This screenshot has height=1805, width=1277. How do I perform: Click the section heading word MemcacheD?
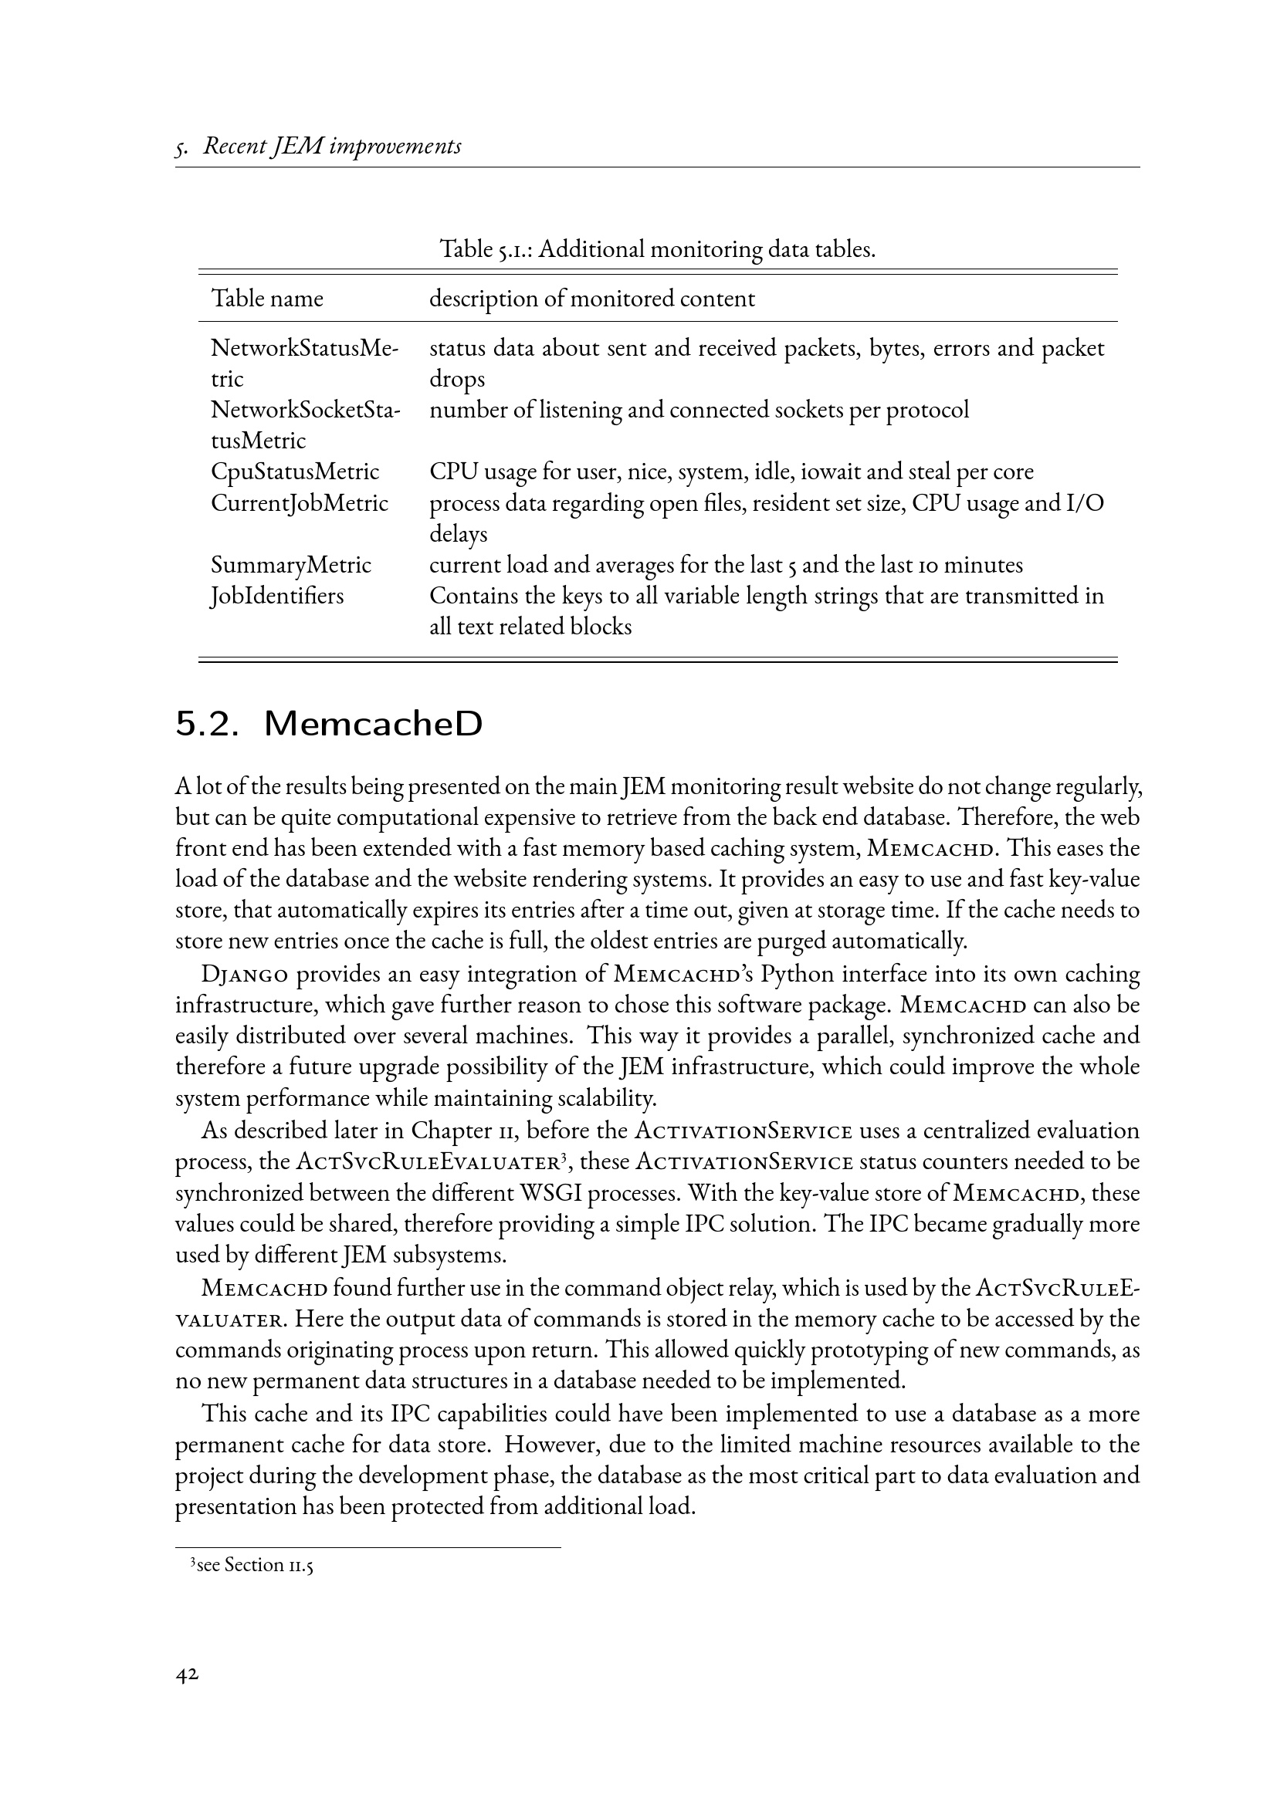click(x=374, y=724)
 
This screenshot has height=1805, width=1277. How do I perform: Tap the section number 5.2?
click(x=206, y=724)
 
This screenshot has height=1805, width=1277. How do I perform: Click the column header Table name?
click(x=266, y=299)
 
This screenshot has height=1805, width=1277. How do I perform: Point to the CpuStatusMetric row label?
click(x=295, y=472)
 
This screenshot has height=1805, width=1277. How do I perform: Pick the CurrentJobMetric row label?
click(x=300, y=503)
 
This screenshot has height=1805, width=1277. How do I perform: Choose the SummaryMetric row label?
click(x=291, y=565)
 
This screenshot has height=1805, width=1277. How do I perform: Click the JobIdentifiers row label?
click(x=278, y=596)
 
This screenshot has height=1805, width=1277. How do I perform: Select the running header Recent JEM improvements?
click(x=332, y=146)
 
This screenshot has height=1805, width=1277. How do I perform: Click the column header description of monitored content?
click(x=592, y=299)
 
